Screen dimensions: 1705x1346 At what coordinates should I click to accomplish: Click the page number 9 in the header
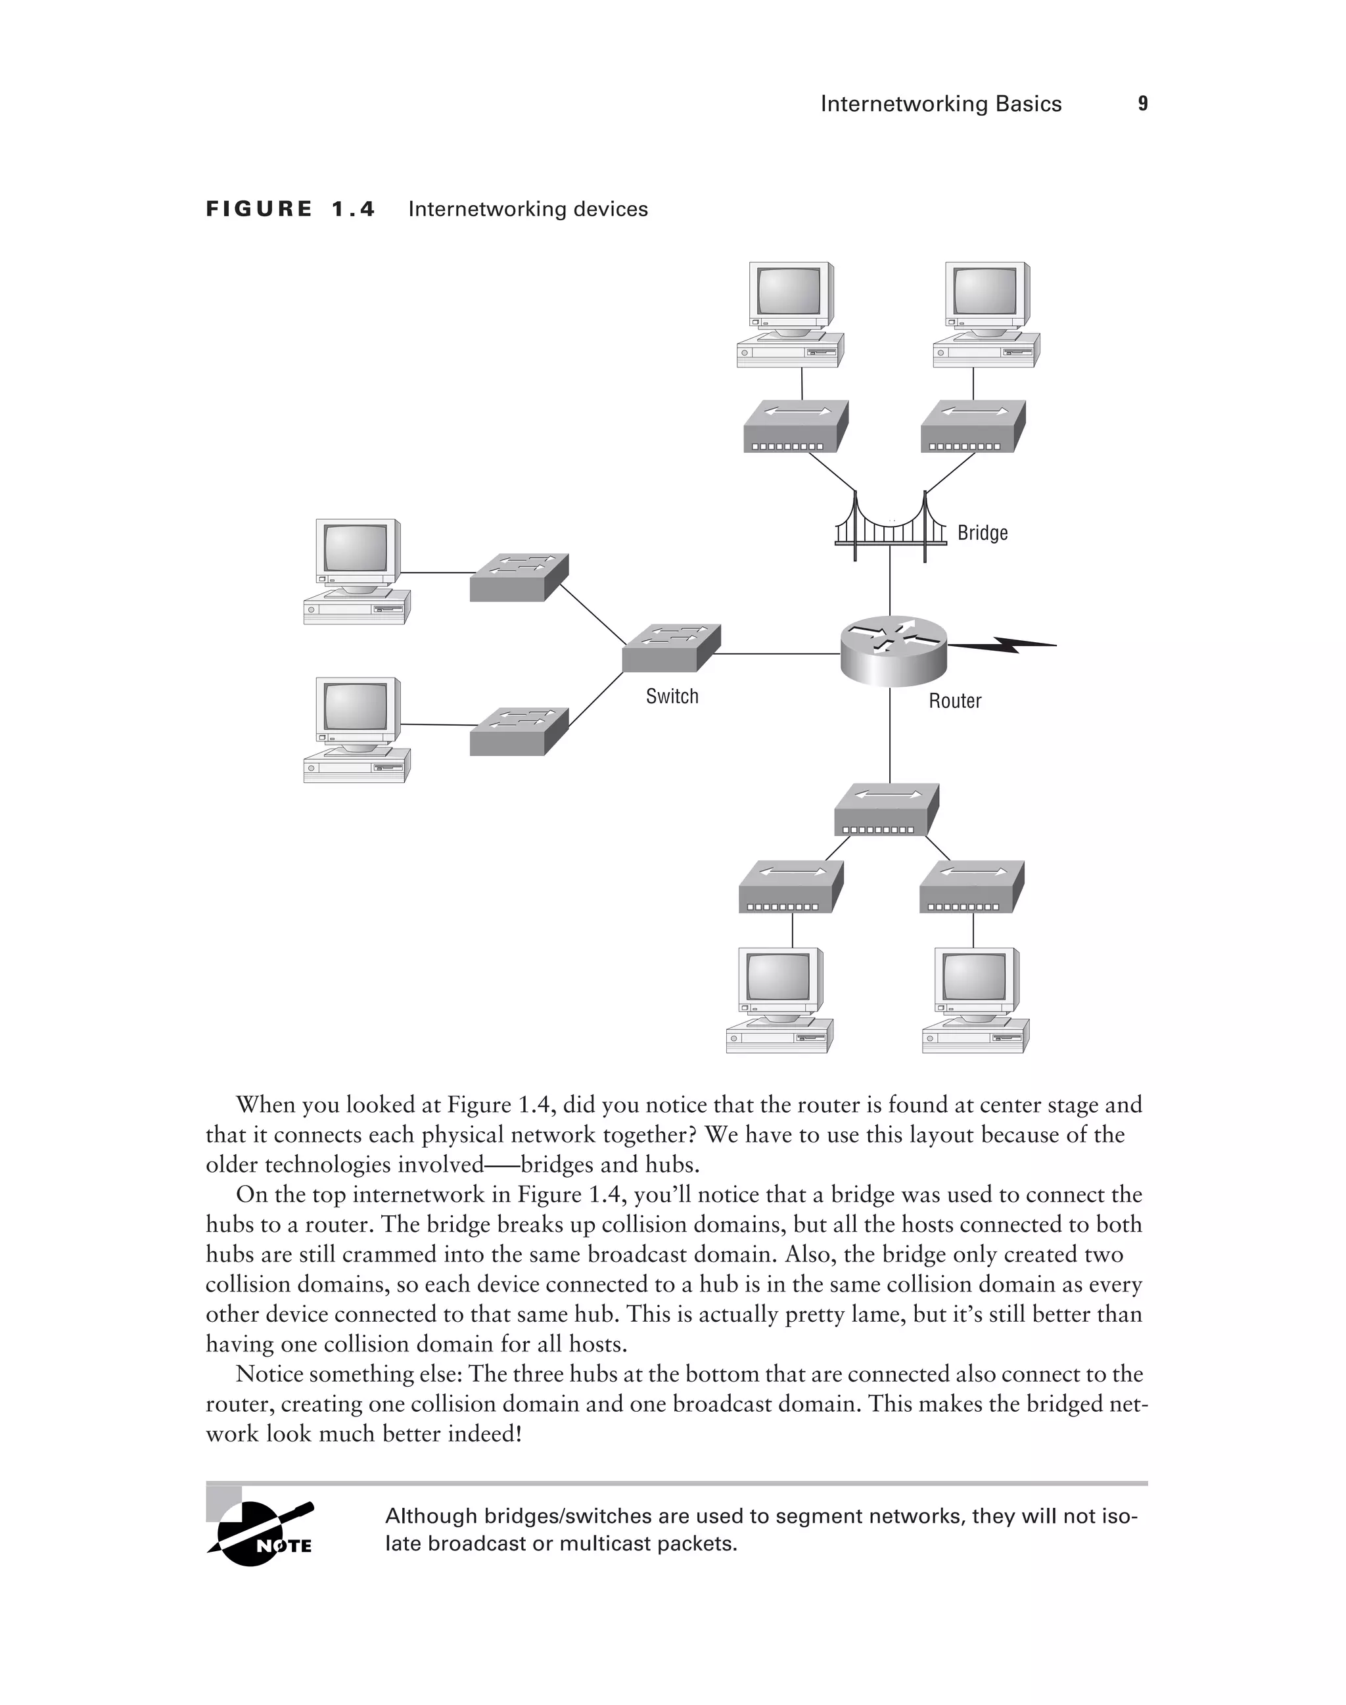pos(1143,103)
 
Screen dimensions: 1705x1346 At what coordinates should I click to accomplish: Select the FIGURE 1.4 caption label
pos(290,209)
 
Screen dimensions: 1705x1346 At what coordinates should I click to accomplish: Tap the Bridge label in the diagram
pos(982,533)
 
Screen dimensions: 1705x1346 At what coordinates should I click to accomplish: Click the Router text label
pos(954,701)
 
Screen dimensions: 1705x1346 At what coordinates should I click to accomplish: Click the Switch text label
pos(672,696)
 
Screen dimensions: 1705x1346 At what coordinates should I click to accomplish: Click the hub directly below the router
pos(886,810)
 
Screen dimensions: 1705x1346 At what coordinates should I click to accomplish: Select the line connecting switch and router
pos(776,653)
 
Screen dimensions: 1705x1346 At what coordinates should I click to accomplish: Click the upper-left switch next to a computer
pos(519,577)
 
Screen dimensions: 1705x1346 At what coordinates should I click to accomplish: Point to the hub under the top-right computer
pos(973,427)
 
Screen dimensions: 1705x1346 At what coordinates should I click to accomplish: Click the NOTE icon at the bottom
pos(261,1534)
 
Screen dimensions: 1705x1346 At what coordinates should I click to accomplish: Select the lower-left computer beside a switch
pos(356,729)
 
